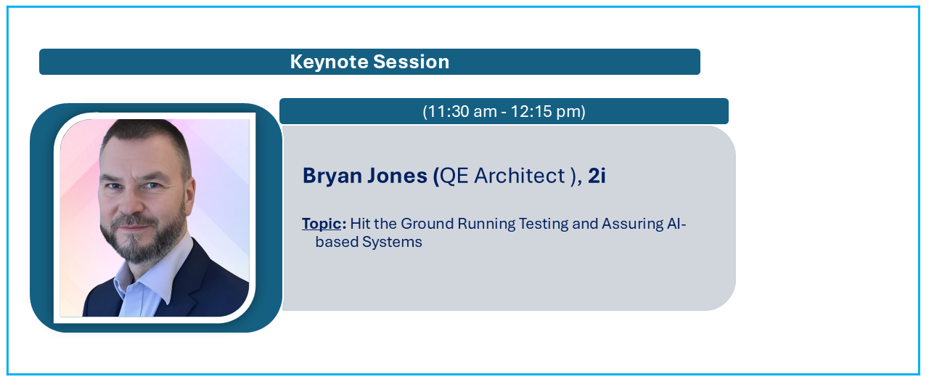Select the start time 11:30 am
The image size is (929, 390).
pyautogui.click(x=461, y=111)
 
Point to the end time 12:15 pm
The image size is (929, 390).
pyautogui.click(x=546, y=111)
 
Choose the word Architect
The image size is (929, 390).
pyautogui.click(x=520, y=176)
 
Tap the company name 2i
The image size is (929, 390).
pyautogui.click(x=597, y=176)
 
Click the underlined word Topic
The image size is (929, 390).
pyautogui.click(x=322, y=224)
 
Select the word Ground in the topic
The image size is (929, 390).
pyautogui.click(x=427, y=224)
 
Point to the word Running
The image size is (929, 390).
pyautogui.click(x=486, y=224)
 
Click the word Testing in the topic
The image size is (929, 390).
pyautogui.click(x=544, y=224)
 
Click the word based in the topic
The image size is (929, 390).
pyautogui.click(x=336, y=242)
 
